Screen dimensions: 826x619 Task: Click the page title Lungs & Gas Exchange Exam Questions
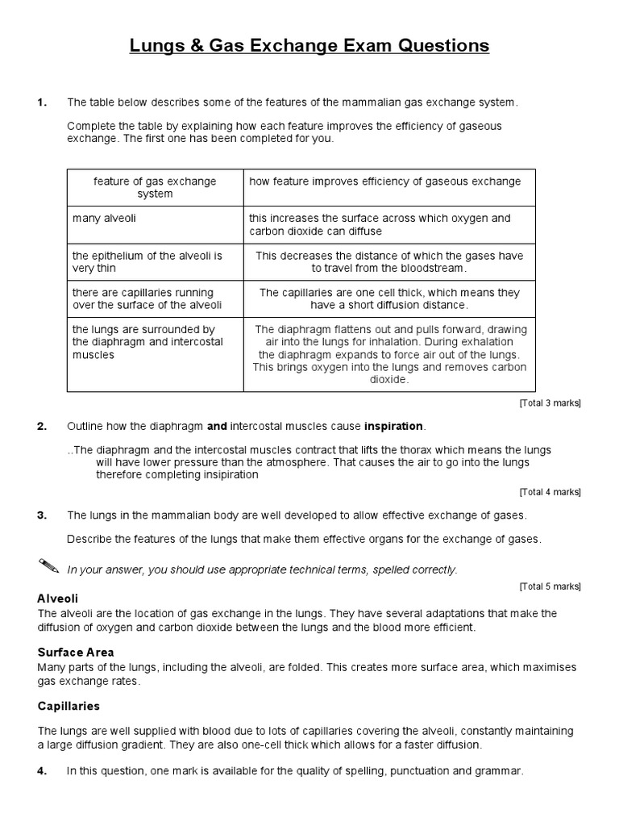309,46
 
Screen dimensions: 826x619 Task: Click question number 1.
42,102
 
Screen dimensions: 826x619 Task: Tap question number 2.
42,426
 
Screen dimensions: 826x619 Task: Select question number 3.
42,515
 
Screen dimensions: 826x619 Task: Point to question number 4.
42,771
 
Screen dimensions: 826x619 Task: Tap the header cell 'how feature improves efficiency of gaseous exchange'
385,181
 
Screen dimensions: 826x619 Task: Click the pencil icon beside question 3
48,565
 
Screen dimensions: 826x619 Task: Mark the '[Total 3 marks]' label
550,403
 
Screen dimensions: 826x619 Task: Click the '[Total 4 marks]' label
550,491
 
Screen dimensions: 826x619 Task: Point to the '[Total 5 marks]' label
550,586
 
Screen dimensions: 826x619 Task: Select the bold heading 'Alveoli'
58,599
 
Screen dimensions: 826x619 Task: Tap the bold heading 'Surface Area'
76,652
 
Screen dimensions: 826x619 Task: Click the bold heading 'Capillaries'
69,706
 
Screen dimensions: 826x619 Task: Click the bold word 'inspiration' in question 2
393,426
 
